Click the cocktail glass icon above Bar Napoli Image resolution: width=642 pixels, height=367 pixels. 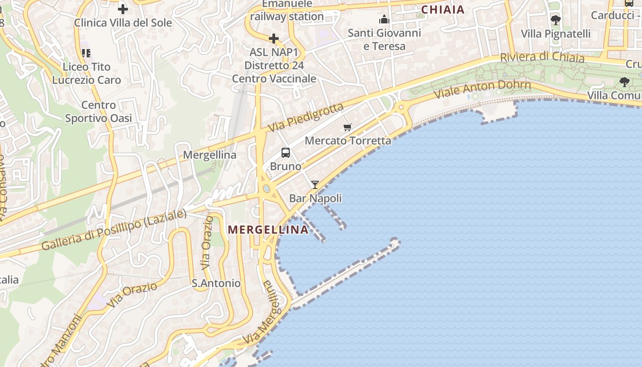tap(315, 185)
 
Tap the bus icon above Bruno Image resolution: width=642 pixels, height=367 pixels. tap(286, 153)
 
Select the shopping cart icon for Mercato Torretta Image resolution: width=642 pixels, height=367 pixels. tap(348, 127)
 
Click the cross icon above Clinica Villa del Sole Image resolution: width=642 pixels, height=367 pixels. tap(123, 8)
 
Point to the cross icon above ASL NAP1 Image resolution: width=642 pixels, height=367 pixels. tap(274, 39)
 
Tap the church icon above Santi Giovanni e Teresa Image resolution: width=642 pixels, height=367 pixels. tap(384, 19)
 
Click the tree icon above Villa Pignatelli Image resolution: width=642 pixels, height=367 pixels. tap(555, 20)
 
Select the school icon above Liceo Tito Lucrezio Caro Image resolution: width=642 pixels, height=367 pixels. tap(86, 53)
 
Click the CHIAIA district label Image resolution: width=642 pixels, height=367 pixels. tap(443, 9)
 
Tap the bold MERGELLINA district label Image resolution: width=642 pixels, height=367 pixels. tap(268, 229)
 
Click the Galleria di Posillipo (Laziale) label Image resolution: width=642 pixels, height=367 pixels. tap(114, 230)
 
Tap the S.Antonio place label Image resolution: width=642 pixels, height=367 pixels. tap(216, 283)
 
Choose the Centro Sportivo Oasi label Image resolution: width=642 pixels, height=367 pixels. tap(98, 111)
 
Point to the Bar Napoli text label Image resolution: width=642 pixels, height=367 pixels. tap(315, 198)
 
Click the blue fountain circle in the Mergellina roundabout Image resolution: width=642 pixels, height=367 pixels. tap(266, 189)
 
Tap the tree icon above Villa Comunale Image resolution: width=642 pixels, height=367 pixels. tap(624, 82)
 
